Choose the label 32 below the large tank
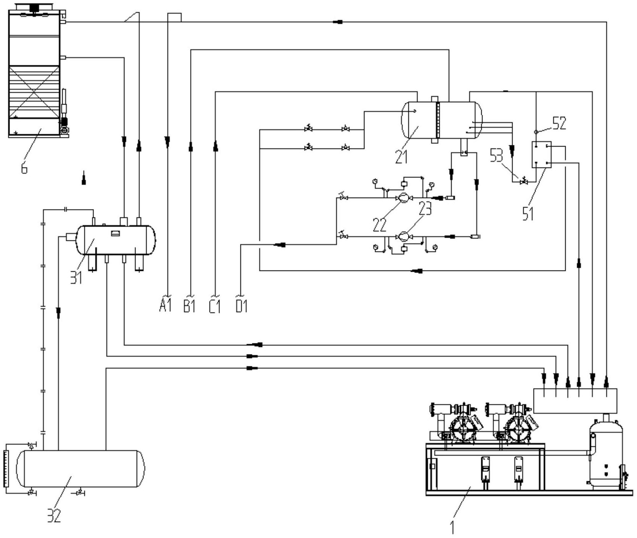[x=54, y=516]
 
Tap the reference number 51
[x=528, y=214]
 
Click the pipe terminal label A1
[x=165, y=306]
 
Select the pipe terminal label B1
[x=189, y=306]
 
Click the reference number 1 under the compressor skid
[x=453, y=527]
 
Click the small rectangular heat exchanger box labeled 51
[x=542, y=155]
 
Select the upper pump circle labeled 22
[x=403, y=198]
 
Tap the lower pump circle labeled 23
[x=403, y=237]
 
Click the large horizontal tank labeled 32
[x=81, y=469]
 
